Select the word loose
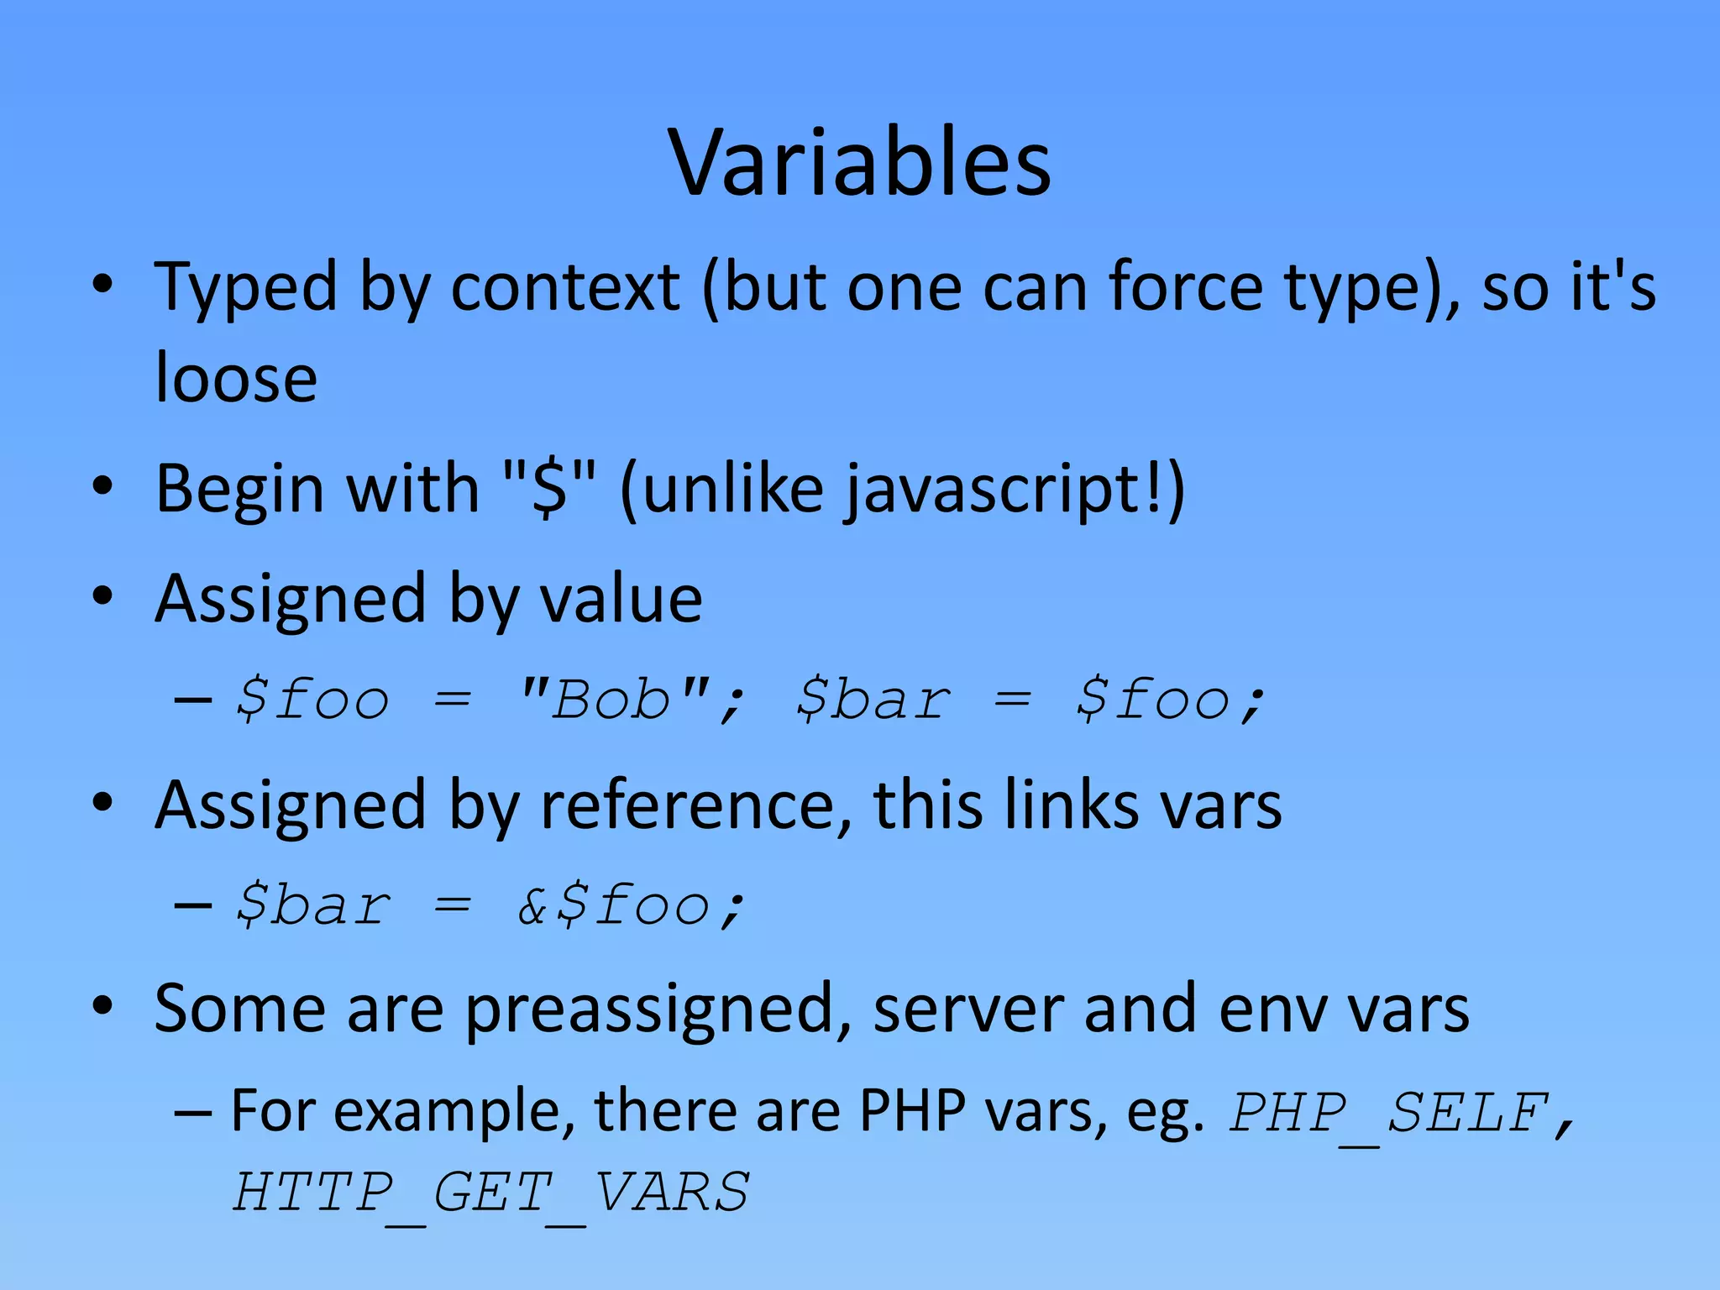[237, 378]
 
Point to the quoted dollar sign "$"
[550, 489]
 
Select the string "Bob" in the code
[613, 700]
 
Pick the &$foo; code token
[631, 906]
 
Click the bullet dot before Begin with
[102, 487]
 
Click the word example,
[454, 1113]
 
